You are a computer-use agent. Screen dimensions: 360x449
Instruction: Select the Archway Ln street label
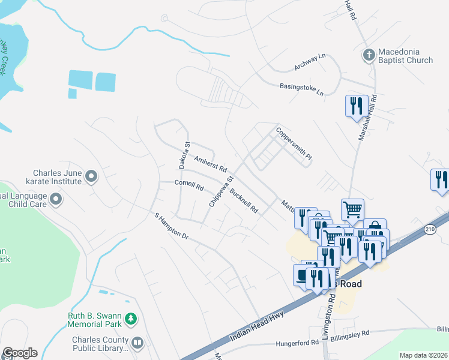coord(310,61)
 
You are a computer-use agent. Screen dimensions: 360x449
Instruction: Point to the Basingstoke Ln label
coord(301,90)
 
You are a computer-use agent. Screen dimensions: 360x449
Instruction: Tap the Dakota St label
coord(183,155)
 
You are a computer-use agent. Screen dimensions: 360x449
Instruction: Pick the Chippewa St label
coord(220,191)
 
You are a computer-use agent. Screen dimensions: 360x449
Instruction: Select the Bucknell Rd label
coord(244,201)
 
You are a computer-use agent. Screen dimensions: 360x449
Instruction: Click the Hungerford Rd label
coord(297,344)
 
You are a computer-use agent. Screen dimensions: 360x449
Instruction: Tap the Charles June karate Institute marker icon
coord(91,176)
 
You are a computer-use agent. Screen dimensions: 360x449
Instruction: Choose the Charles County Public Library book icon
coord(138,343)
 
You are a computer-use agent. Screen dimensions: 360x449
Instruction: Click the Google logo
coord(20,352)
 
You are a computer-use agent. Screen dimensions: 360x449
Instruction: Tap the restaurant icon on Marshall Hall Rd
coord(356,106)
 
